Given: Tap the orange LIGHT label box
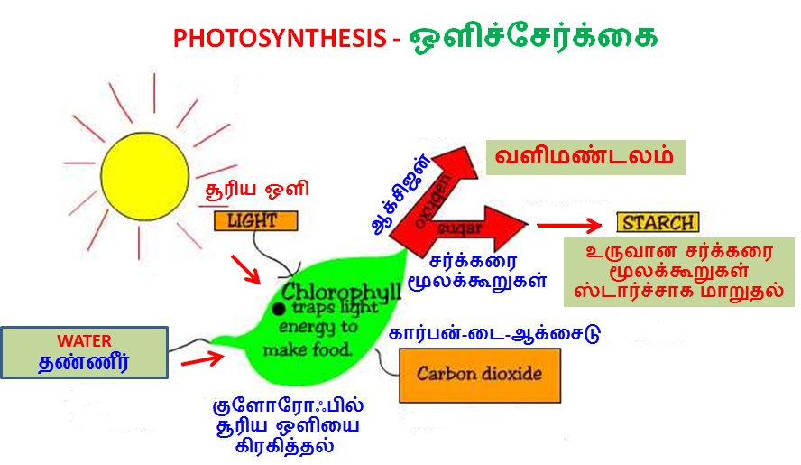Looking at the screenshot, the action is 252,220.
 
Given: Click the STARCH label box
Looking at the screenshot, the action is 657,222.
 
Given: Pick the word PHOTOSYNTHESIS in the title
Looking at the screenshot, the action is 280,39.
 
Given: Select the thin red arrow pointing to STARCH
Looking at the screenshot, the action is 568,226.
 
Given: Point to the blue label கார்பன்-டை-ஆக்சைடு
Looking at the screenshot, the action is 494,334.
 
